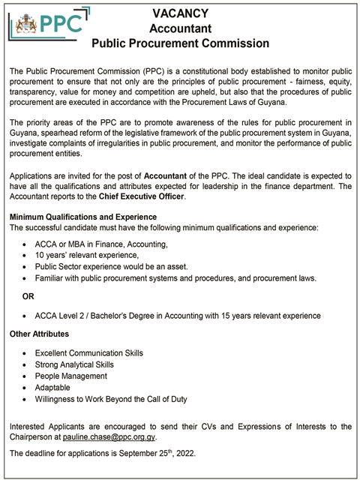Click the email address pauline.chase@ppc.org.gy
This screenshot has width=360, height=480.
point(109,436)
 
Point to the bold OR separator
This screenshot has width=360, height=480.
point(29,296)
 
